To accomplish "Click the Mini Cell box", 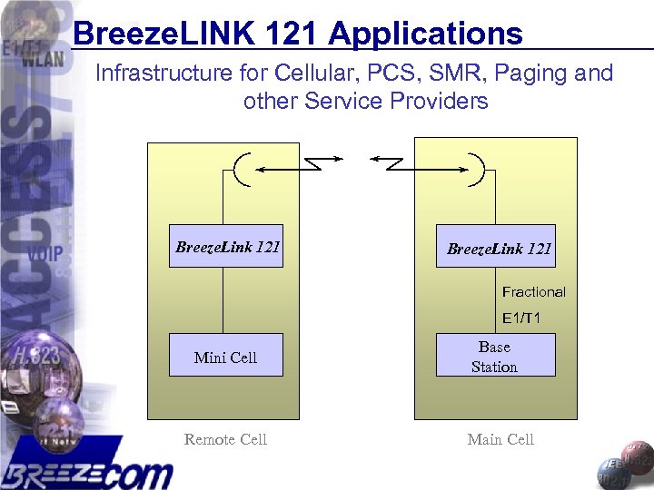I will (226, 355).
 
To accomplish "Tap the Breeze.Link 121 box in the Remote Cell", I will (226, 246).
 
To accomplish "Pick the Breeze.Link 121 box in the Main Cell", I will (496, 247).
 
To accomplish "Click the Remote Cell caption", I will (225, 439).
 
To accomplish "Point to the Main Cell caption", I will (500, 439).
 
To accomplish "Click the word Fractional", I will (533, 291).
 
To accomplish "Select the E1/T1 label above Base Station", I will (521, 318).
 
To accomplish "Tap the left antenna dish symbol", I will (241, 169).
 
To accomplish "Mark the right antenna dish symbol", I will (479, 169).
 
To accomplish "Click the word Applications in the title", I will (425, 34).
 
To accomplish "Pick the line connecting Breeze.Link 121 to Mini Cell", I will (225, 300).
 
